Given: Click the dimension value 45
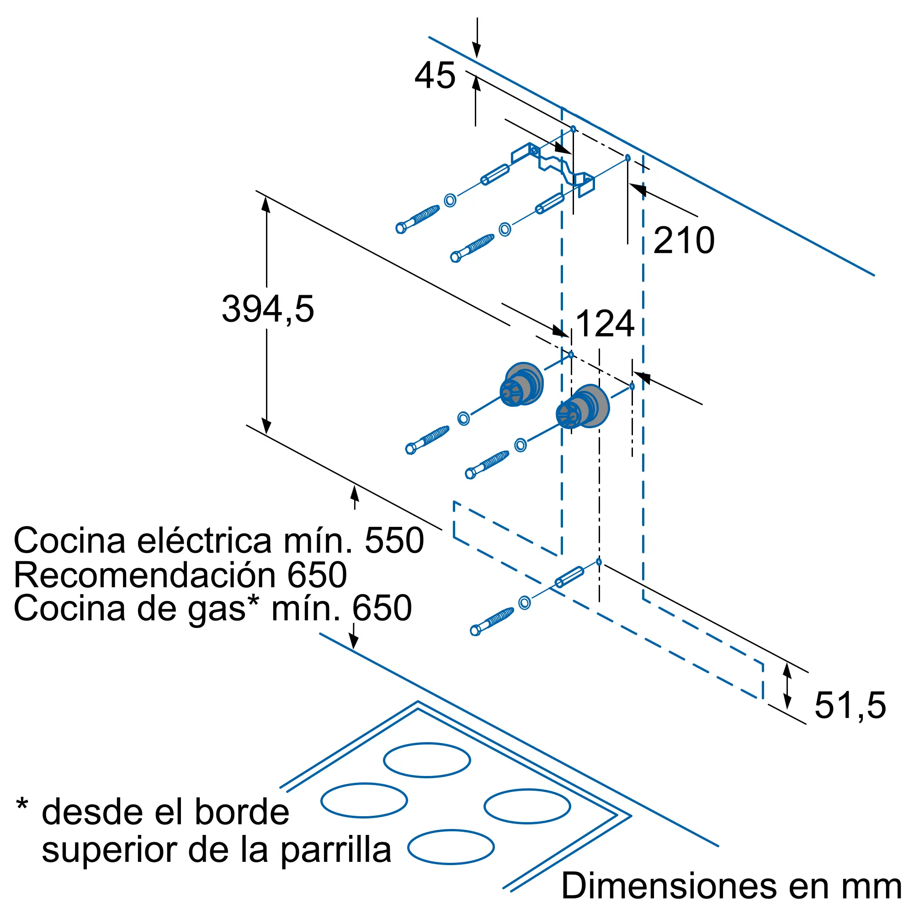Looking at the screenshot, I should click(435, 76).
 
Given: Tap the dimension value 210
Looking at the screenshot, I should click(684, 240).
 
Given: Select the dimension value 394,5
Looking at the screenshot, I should click(268, 309).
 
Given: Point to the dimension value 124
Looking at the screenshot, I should click(605, 324).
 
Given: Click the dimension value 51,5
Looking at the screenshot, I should click(850, 705).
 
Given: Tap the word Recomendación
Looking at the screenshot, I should click(144, 575).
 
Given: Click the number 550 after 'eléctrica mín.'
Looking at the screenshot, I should click(394, 540).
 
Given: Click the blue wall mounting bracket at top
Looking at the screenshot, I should click(553, 165).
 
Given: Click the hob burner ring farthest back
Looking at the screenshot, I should click(427, 760).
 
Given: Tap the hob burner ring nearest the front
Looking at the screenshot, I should click(451, 847).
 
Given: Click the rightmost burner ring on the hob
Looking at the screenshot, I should click(527, 806).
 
